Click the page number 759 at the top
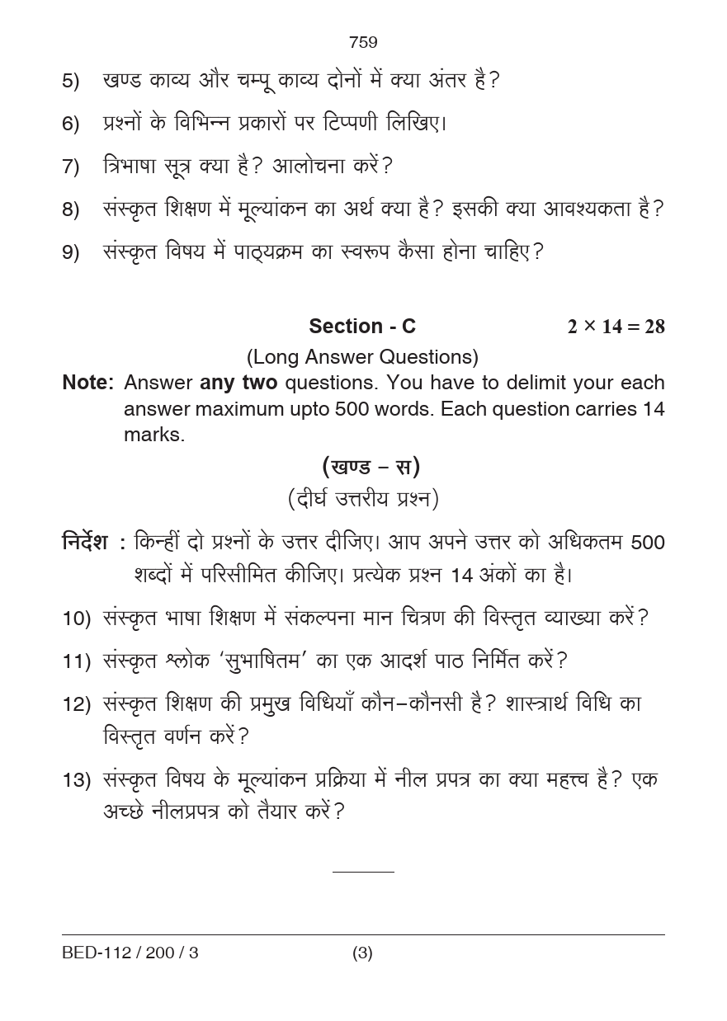click(363, 42)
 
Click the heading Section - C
click(362, 327)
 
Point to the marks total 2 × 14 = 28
click(616, 327)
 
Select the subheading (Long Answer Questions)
click(362, 357)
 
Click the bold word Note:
click(87, 383)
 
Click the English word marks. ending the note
click(154, 435)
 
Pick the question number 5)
click(71, 81)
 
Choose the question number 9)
click(71, 252)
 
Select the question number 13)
click(76, 780)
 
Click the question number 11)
click(76, 661)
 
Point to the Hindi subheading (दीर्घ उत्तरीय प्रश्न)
click(363, 499)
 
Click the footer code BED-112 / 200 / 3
click(130, 953)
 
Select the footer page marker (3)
click(362, 953)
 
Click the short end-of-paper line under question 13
click(363, 871)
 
